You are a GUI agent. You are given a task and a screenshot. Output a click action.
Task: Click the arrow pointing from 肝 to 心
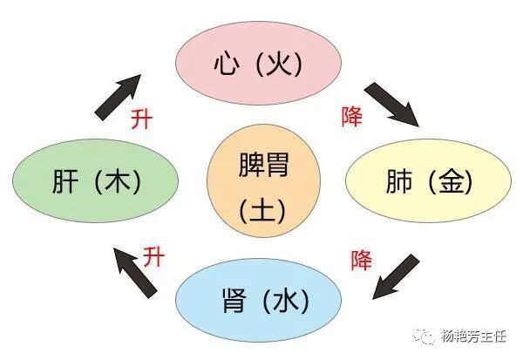click(x=118, y=94)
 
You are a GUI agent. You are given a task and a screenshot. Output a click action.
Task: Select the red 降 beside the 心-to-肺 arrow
click(x=352, y=114)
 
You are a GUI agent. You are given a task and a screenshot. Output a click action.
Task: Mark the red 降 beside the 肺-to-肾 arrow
click(x=361, y=259)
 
